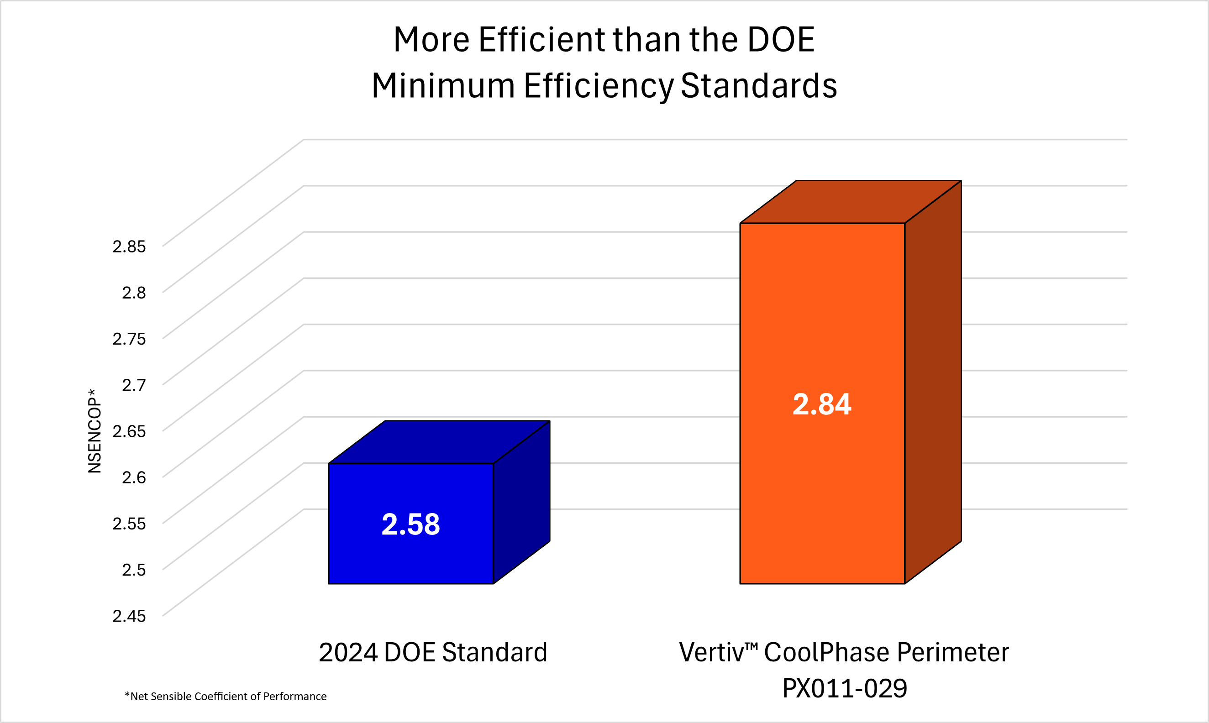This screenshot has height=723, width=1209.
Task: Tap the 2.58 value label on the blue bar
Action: (411, 525)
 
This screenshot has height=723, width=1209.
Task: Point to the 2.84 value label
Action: (822, 404)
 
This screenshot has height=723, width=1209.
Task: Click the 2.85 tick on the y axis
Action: (129, 246)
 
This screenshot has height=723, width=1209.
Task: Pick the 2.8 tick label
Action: (133, 293)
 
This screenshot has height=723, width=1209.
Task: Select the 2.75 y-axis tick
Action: (129, 339)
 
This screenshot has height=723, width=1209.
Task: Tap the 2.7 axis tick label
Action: (133, 385)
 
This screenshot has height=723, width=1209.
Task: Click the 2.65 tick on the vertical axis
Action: (129, 431)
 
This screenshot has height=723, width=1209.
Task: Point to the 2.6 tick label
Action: (133, 477)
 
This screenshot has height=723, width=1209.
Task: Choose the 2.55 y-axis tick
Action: (129, 524)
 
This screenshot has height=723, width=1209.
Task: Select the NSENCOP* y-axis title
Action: (95, 431)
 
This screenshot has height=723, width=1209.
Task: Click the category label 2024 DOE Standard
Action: (433, 652)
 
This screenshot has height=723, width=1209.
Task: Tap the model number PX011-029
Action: (845, 688)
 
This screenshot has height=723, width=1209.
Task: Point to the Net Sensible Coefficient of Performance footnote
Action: (226, 697)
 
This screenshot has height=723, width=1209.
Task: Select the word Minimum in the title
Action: (443, 86)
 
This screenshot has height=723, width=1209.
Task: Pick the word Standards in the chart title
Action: (759, 86)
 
